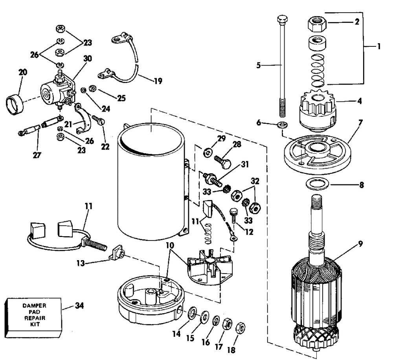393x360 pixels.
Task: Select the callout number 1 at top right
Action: (379, 46)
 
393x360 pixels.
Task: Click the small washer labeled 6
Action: (282, 125)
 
